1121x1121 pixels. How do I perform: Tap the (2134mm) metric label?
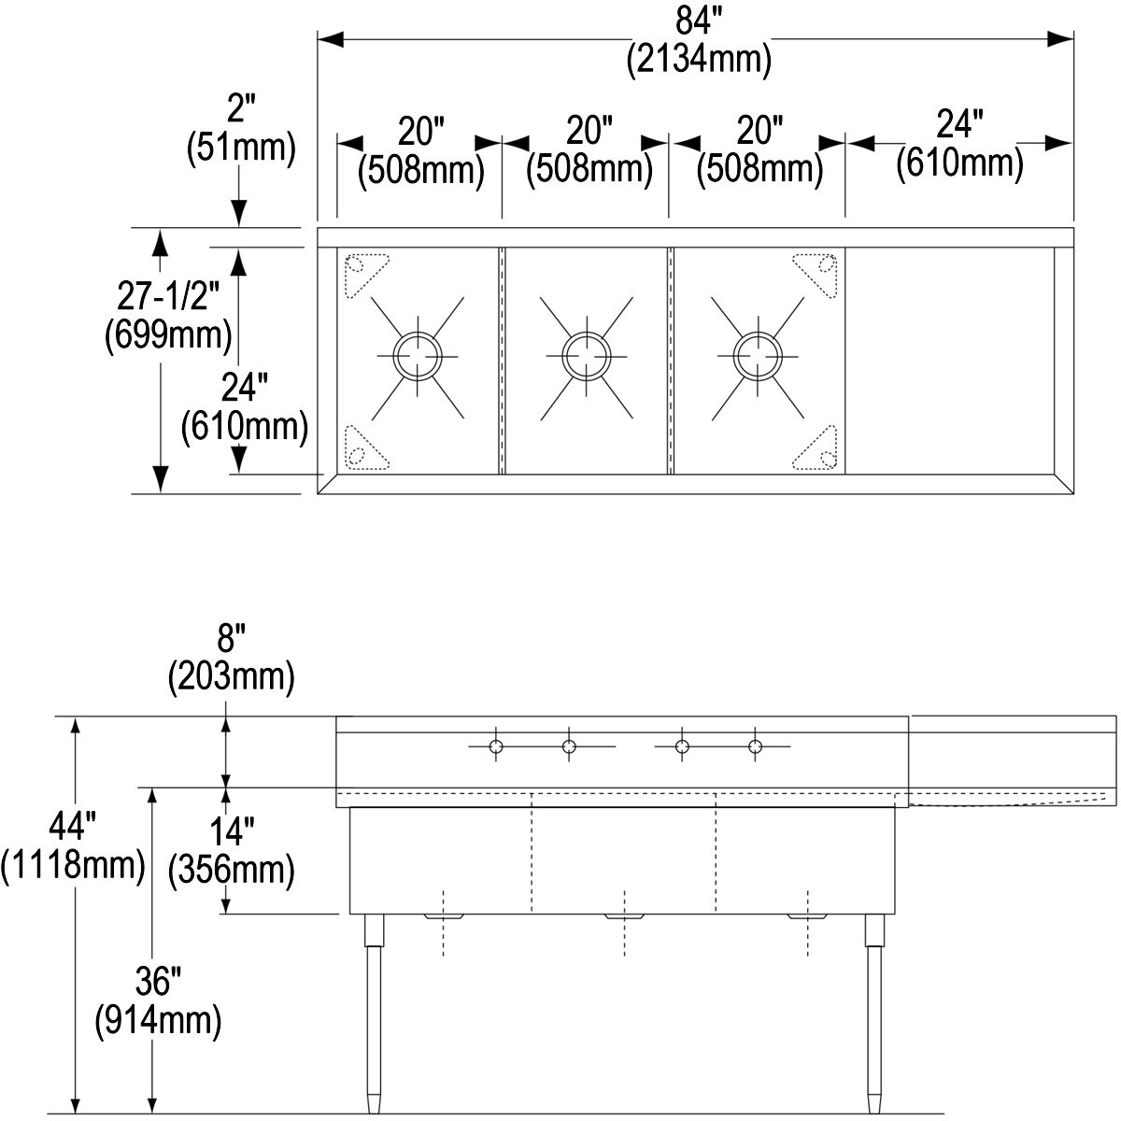700,60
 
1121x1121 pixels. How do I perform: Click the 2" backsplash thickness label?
241,107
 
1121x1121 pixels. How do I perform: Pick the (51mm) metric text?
241,148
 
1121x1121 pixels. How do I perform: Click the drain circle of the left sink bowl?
418,356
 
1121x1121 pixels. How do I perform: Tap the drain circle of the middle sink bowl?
587,356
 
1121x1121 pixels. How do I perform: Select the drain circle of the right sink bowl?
758,356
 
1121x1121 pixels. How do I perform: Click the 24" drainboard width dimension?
960,124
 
